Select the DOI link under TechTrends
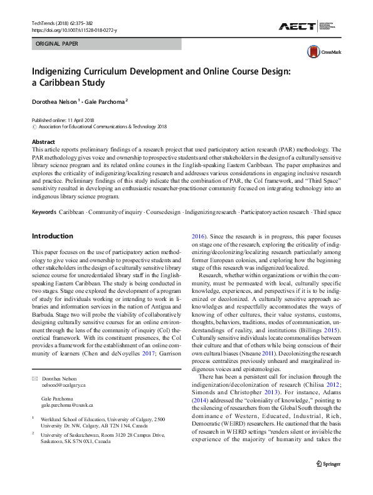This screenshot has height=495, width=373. pyautogui.click(x=73, y=29)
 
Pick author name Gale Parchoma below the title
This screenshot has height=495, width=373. pyautogui.click(x=105, y=101)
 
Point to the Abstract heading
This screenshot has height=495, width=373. pyautogui.click(x=43, y=142)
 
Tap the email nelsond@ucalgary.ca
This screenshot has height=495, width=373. pyautogui.click(x=63, y=386)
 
